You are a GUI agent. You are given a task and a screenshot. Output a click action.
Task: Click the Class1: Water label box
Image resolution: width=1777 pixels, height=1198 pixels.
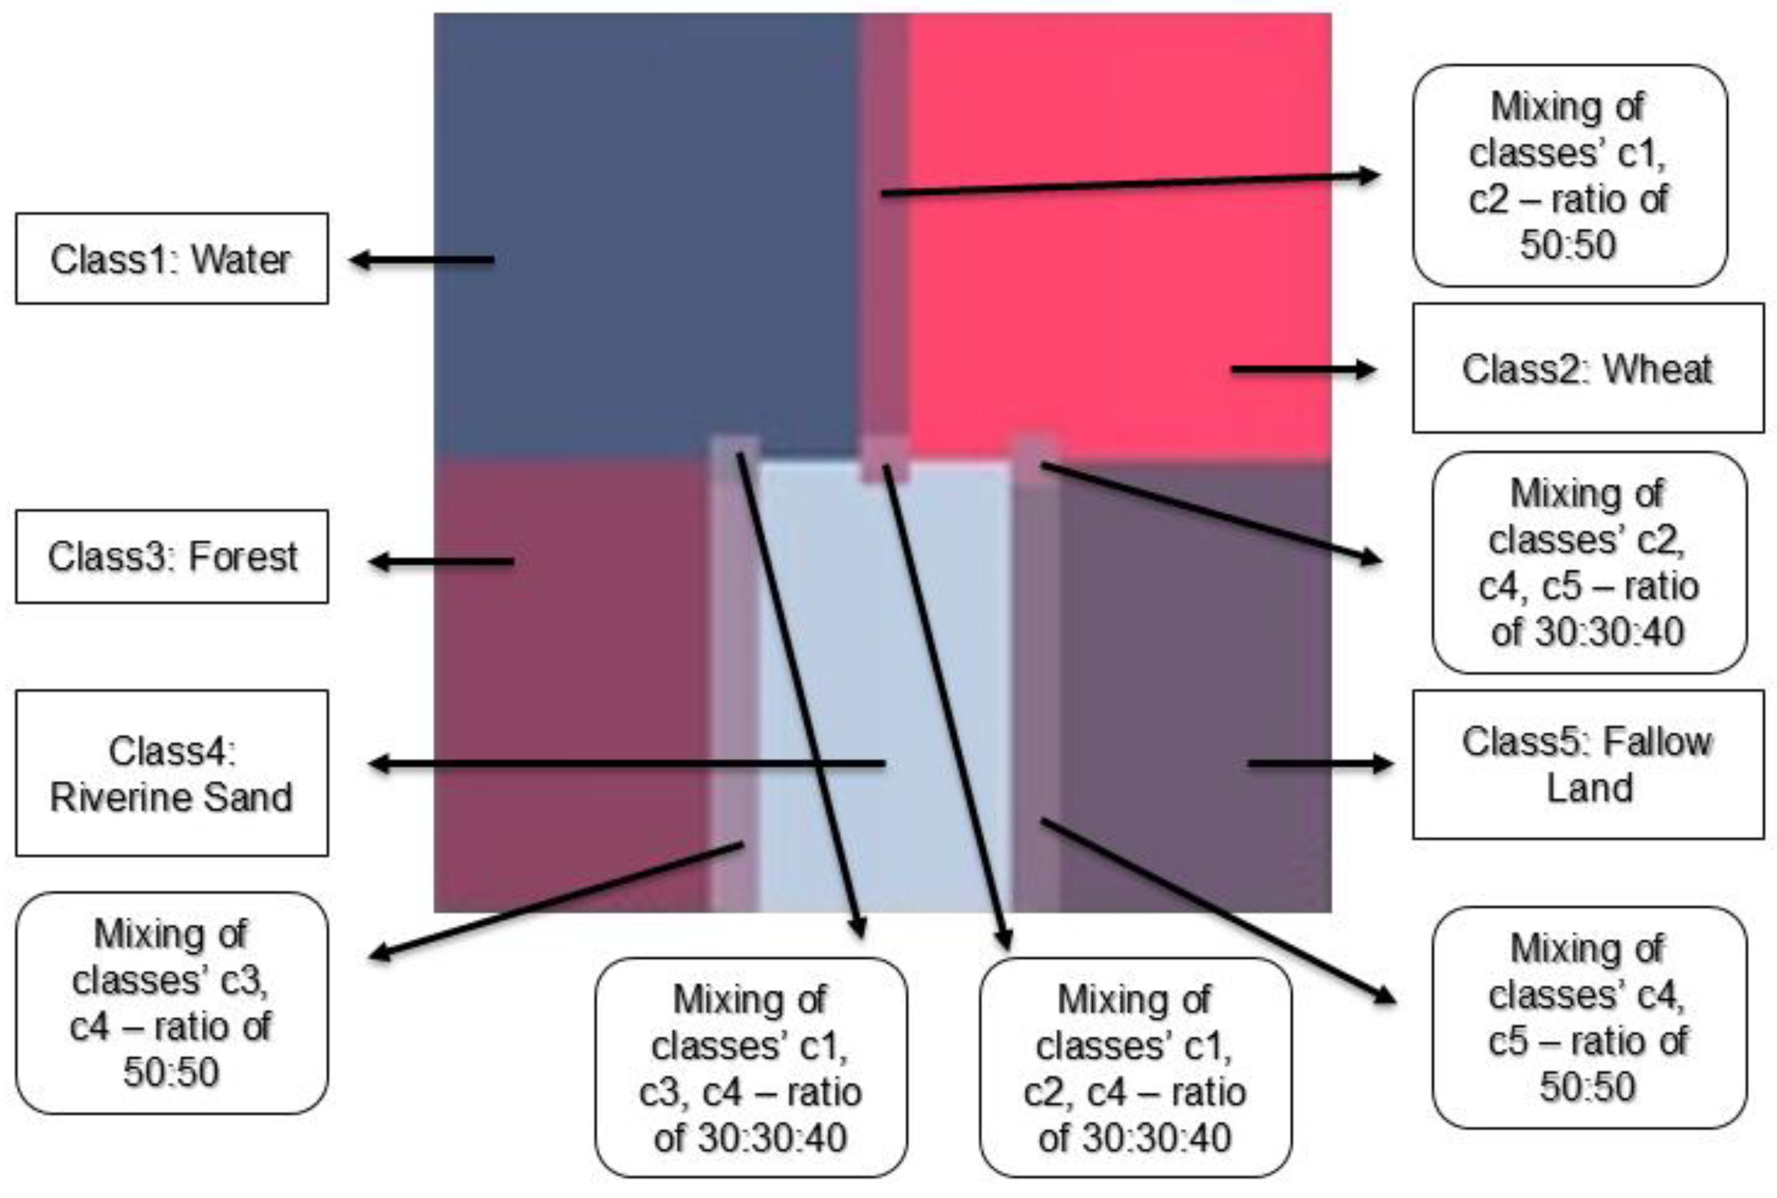[171, 259]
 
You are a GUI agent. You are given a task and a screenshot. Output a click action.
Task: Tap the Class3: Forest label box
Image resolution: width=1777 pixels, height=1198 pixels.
[171, 556]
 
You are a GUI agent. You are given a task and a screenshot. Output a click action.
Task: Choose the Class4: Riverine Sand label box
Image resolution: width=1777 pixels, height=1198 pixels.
[171, 773]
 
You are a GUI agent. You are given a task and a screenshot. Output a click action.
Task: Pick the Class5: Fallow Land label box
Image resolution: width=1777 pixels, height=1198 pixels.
[1587, 765]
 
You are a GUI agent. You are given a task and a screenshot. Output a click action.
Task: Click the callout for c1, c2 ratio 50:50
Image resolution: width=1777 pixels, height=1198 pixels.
[1568, 176]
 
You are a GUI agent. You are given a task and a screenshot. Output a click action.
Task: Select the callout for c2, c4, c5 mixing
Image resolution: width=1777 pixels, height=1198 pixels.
[1588, 563]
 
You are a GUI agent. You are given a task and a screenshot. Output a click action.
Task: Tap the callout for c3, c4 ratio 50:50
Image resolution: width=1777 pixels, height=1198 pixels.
[171, 1002]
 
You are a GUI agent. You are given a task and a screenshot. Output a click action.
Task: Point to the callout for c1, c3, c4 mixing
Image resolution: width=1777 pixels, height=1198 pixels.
[750, 1067]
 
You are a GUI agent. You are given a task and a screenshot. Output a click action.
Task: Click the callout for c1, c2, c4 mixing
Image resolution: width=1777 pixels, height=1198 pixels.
[1135, 1067]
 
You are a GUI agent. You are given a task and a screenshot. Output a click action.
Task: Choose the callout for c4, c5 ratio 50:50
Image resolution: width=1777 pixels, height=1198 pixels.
[1588, 1018]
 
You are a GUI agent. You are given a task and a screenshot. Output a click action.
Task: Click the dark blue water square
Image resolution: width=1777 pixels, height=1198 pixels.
[642, 229]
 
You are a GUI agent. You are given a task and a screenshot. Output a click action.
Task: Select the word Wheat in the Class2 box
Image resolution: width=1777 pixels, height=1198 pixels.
[1656, 369]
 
